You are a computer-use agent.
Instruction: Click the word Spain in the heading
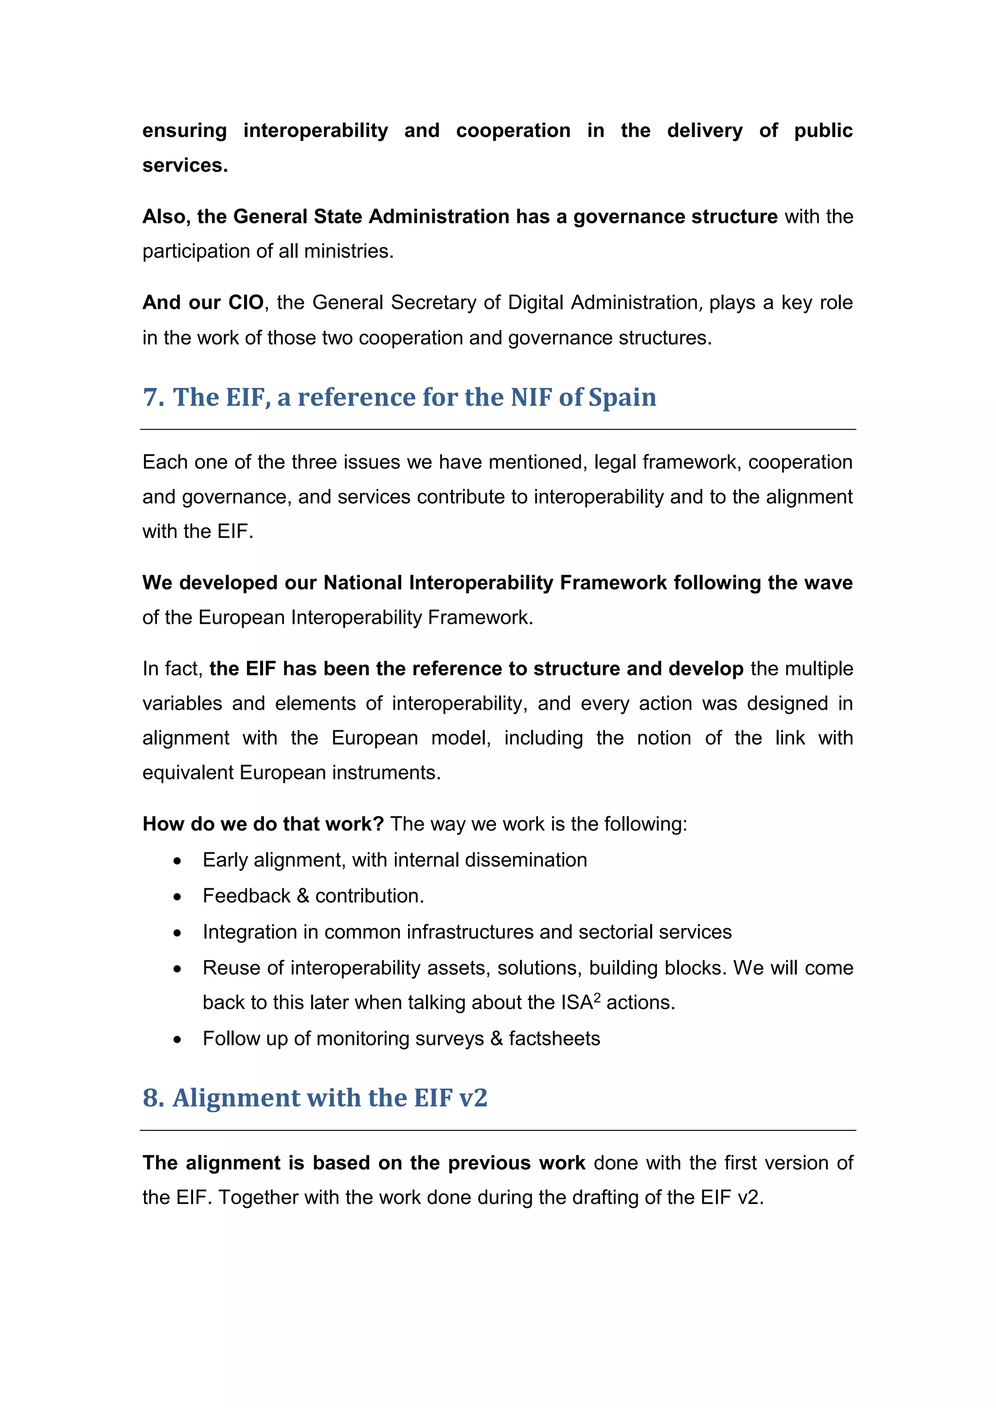[x=622, y=397]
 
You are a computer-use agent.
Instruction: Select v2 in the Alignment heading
[x=473, y=1098]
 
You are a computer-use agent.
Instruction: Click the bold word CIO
[x=246, y=302]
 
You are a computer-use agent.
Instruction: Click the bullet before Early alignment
[x=177, y=861]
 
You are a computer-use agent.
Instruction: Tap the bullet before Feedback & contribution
[x=177, y=897]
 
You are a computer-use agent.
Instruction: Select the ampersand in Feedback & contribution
[x=302, y=896]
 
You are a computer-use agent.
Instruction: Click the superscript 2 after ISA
[x=597, y=997]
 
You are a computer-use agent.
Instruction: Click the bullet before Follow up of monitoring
[x=177, y=1040]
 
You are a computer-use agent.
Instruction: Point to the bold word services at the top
[x=185, y=166]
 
